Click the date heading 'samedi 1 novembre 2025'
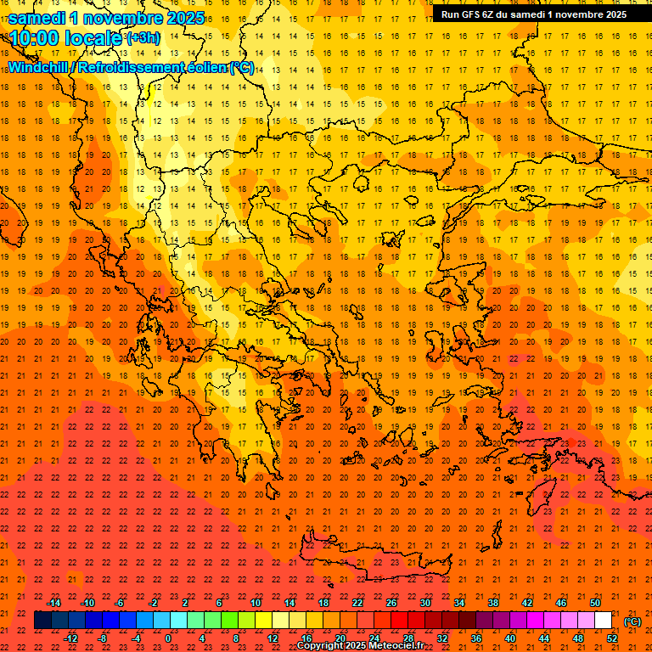click(x=105, y=17)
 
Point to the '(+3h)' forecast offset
click(x=142, y=38)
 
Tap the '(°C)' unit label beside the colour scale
click(x=632, y=621)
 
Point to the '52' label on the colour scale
click(x=612, y=638)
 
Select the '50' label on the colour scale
click(x=595, y=603)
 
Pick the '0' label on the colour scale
click(x=169, y=638)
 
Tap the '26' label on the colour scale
click(x=391, y=603)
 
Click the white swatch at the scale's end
click(x=604, y=621)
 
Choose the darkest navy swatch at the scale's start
click(x=42, y=621)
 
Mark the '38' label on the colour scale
click(x=493, y=603)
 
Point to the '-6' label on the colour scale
click(x=120, y=603)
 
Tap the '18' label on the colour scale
click(x=323, y=603)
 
